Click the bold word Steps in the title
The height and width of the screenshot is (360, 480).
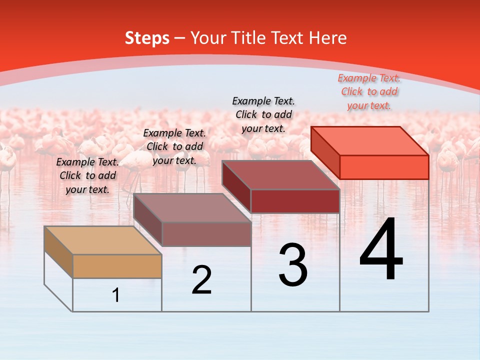147,38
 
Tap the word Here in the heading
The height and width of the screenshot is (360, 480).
327,38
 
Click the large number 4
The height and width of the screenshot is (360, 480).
381,250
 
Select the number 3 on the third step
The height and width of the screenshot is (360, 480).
293,265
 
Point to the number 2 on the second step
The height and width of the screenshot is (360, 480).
201,280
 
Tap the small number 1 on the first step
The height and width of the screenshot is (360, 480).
116,295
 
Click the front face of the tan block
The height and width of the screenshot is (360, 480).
117,266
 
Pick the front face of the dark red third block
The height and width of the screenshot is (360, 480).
295,201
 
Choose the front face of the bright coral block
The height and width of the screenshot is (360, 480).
384,167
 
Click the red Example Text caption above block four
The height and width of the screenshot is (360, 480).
369,92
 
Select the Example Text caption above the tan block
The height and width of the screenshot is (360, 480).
87,175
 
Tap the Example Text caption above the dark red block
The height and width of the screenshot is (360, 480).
263,114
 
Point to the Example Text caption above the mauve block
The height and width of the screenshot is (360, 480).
174,146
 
